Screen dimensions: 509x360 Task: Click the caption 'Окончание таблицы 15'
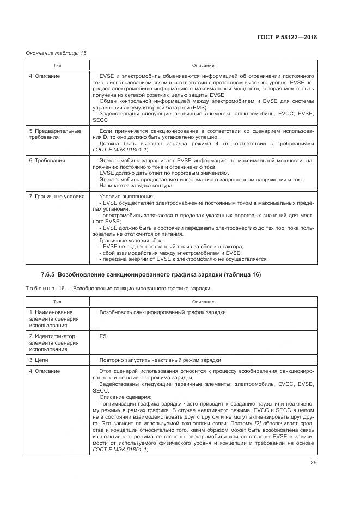tap(56, 53)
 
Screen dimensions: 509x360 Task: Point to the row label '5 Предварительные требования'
tap(55, 134)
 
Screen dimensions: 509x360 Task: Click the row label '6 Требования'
tap(47, 161)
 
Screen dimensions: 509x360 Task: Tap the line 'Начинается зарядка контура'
tap(136, 186)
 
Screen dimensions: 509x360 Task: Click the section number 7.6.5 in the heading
tap(48, 275)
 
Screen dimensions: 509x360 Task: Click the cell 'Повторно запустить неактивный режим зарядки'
tap(160, 360)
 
